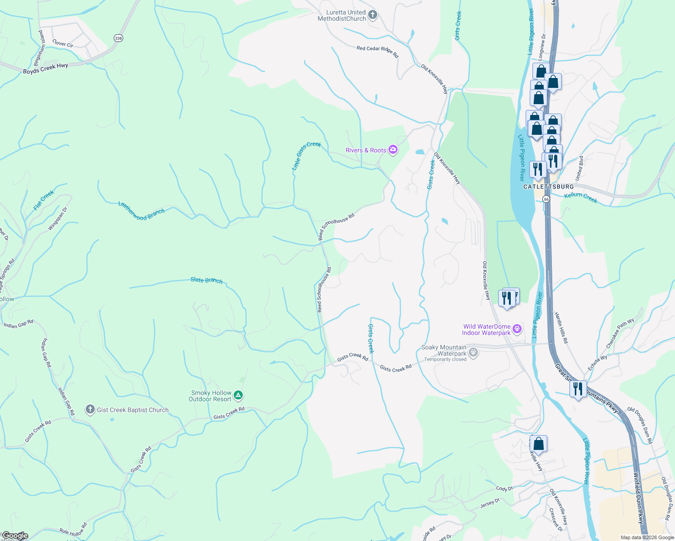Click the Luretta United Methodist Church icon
click(373, 15)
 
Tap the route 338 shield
click(118, 38)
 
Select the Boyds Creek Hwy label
click(46, 69)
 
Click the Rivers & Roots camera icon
click(393, 150)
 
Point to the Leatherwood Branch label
click(141, 211)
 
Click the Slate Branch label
click(207, 280)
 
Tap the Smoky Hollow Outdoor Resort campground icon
click(239, 396)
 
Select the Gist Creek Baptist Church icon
click(90, 410)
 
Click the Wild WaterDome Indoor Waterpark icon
click(518, 329)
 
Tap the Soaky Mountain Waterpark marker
click(473, 353)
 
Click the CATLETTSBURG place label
click(549, 187)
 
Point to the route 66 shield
click(546, 199)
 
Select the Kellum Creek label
click(581, 197)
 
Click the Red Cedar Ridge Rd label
click(377, 51)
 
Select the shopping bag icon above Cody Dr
click(538, 443)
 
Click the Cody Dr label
click(504, 489)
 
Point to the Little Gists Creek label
click(306, 156)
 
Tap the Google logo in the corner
click(15, 536)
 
